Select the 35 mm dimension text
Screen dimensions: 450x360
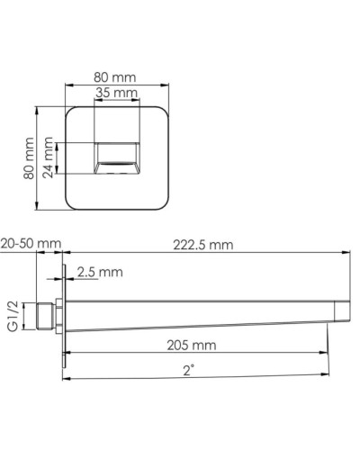point(117,93)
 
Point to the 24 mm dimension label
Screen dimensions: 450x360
point(59,159)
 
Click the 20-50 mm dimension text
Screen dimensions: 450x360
point(31,243)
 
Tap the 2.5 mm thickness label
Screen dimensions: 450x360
point(99,271)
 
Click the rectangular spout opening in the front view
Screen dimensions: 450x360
point(116,157)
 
